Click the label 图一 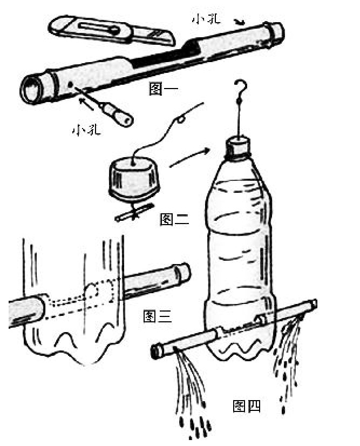point(164,89)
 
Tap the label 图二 point(174,219)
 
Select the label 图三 point(158,316)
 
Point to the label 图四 point(247,406)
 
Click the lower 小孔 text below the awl point(86,130)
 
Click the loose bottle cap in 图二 point(134,179)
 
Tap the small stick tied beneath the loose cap point(135,212)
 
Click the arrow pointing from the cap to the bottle point(190,157)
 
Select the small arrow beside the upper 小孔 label point(240,22)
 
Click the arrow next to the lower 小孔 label point(86,104)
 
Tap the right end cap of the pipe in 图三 point(183,273)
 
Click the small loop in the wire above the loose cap point(180,119)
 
